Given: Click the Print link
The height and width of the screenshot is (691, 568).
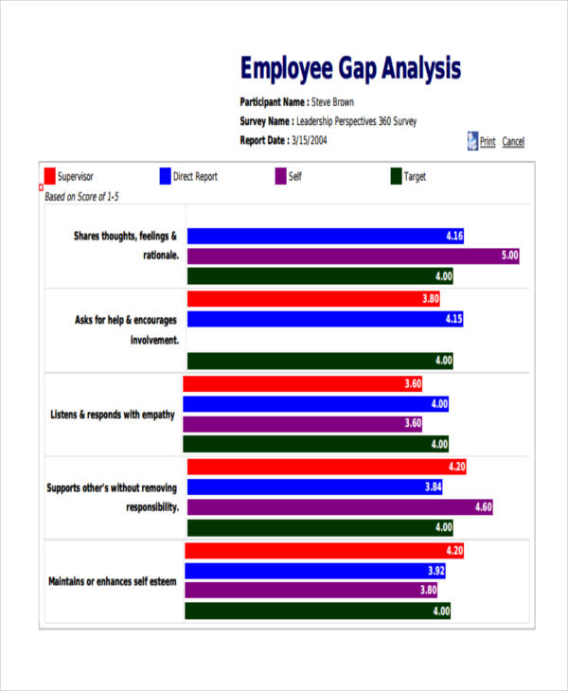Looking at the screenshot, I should [487, 142].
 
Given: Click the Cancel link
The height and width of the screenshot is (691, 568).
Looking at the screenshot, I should [513, 142].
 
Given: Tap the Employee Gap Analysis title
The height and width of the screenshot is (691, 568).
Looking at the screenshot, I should [350, 69].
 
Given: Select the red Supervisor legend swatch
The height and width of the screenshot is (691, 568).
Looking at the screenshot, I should [49, 176].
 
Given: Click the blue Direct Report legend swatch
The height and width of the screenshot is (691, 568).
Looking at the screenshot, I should [165, 176].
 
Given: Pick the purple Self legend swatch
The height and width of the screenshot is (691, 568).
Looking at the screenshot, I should [280, 176].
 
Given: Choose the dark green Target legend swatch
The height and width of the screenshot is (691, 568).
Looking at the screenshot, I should [396, 176].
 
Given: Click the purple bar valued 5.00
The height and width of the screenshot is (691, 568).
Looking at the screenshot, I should [353, 256].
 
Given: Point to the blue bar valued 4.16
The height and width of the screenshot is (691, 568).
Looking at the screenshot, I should [326, 236].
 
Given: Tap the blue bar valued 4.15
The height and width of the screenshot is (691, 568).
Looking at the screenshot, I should [326, 319].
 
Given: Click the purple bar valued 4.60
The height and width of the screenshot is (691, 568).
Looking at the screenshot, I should [340, 507].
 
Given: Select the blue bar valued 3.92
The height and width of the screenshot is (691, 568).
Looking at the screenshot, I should [314, 571].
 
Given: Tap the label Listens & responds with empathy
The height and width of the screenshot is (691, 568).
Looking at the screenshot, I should [112, 415].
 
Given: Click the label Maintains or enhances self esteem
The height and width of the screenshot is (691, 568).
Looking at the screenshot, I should [112, 581].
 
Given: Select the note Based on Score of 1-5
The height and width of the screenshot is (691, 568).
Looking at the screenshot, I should [82, 197].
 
